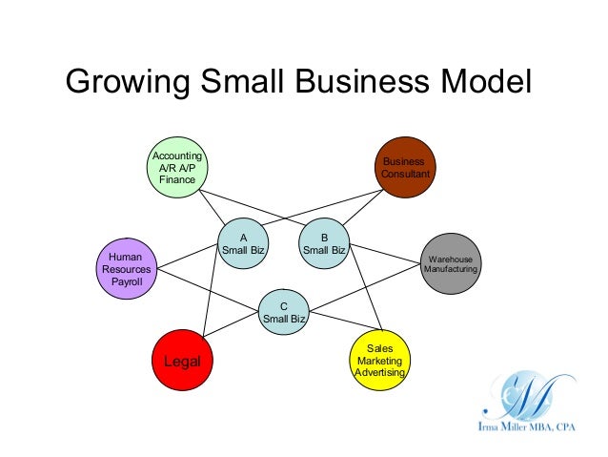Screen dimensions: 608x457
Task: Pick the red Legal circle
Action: pos(182,362)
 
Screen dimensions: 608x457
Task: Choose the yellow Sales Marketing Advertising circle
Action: pos(380,361)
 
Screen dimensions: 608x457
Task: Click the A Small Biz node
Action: pos(242,244)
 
